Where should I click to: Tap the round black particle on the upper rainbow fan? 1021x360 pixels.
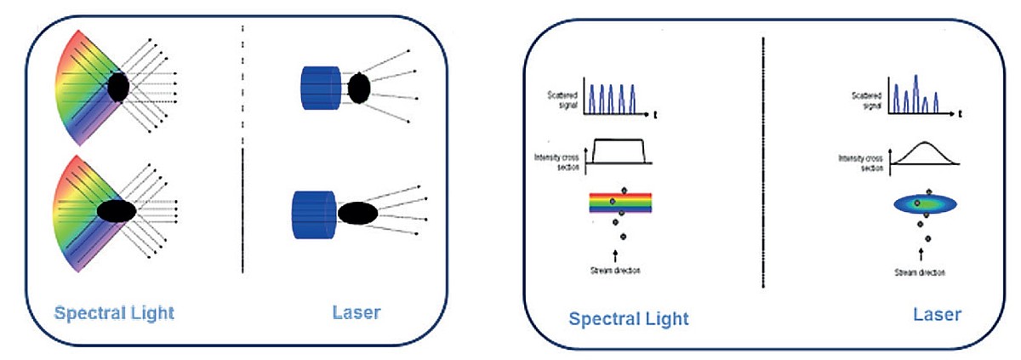coord(119,87)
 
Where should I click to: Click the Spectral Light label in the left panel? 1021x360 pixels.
coord(114,313)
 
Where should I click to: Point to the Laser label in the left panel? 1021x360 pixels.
coord(356,313)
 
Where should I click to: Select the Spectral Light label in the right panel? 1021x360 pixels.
coord(629,319)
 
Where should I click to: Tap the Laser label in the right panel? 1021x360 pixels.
coord(937,315)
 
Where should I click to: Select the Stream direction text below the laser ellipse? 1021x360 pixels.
coord(921,271)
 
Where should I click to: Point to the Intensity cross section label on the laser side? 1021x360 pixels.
coord(862,162)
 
